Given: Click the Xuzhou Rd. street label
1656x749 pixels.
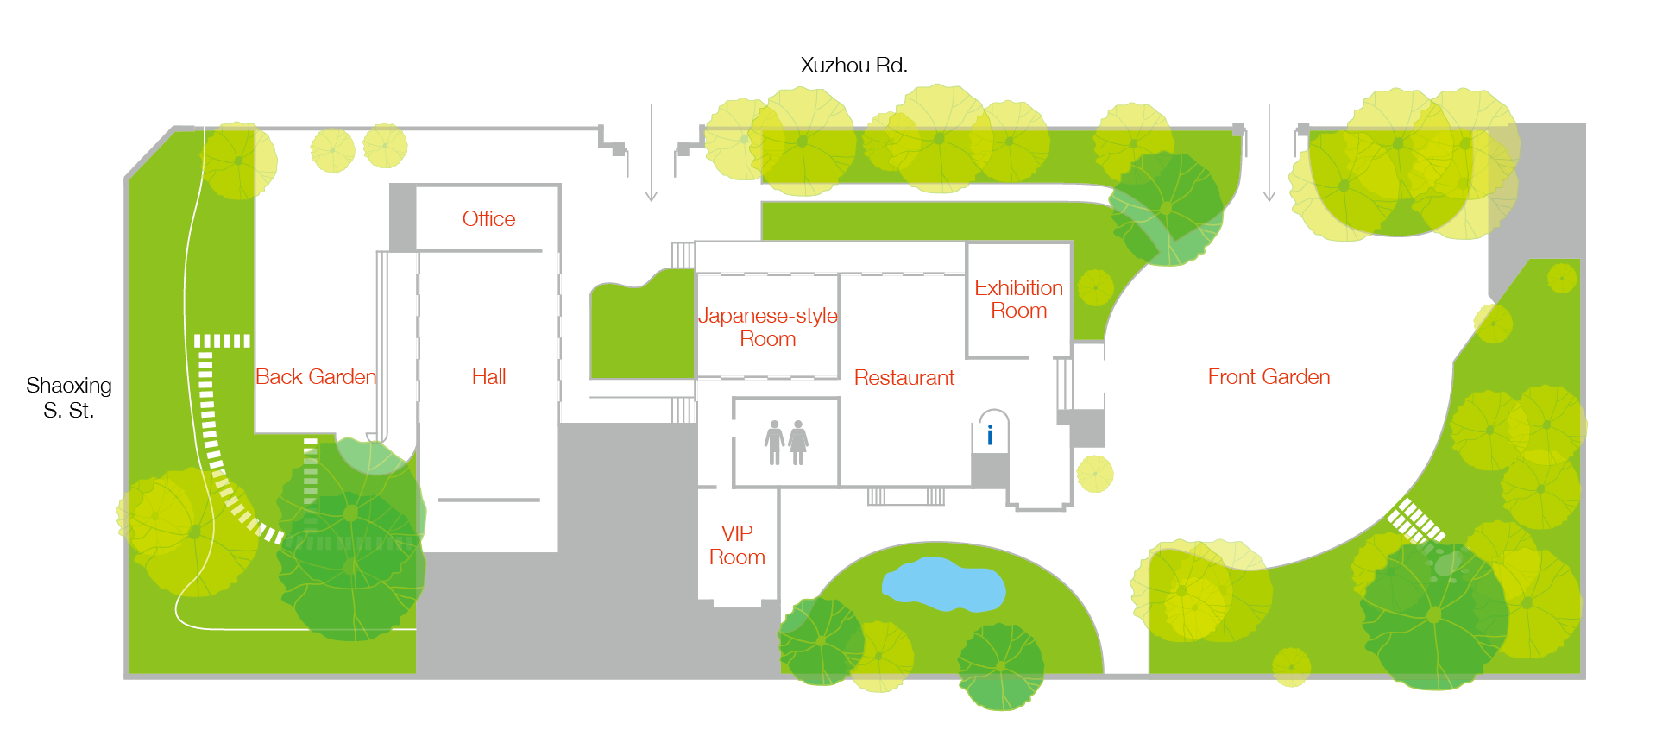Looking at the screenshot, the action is click(853, 66).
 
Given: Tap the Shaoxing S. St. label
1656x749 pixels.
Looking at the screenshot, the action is click(69, 398).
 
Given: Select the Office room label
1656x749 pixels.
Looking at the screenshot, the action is click(488, 219).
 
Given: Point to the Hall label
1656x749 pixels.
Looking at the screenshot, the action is click(488, 377).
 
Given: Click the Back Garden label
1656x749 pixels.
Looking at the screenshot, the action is click(316, 377).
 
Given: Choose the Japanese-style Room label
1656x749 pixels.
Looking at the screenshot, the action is click(768, 327).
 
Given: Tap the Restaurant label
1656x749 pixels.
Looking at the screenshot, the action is click(904, 378).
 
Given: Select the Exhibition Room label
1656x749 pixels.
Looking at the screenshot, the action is click(1018, 299).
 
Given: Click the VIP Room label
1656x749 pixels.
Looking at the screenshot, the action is click(737, 545).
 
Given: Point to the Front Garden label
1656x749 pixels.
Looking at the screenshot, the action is click(1269, 377).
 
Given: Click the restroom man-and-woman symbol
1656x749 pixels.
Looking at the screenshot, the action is click(786, 443).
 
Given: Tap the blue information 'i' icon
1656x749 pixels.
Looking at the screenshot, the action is click(990, 435).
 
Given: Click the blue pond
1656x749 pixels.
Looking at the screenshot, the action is click(943, 583).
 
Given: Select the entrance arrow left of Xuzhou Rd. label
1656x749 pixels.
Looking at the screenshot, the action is click(652, 153).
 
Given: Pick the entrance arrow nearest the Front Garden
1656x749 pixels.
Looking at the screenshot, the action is click(1269, 153).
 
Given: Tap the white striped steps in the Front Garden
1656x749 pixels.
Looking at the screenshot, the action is click(1414, 520).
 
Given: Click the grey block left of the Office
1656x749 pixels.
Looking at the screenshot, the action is click(402, 217).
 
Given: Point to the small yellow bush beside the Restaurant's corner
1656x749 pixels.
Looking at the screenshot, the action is click(1095, 474).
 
